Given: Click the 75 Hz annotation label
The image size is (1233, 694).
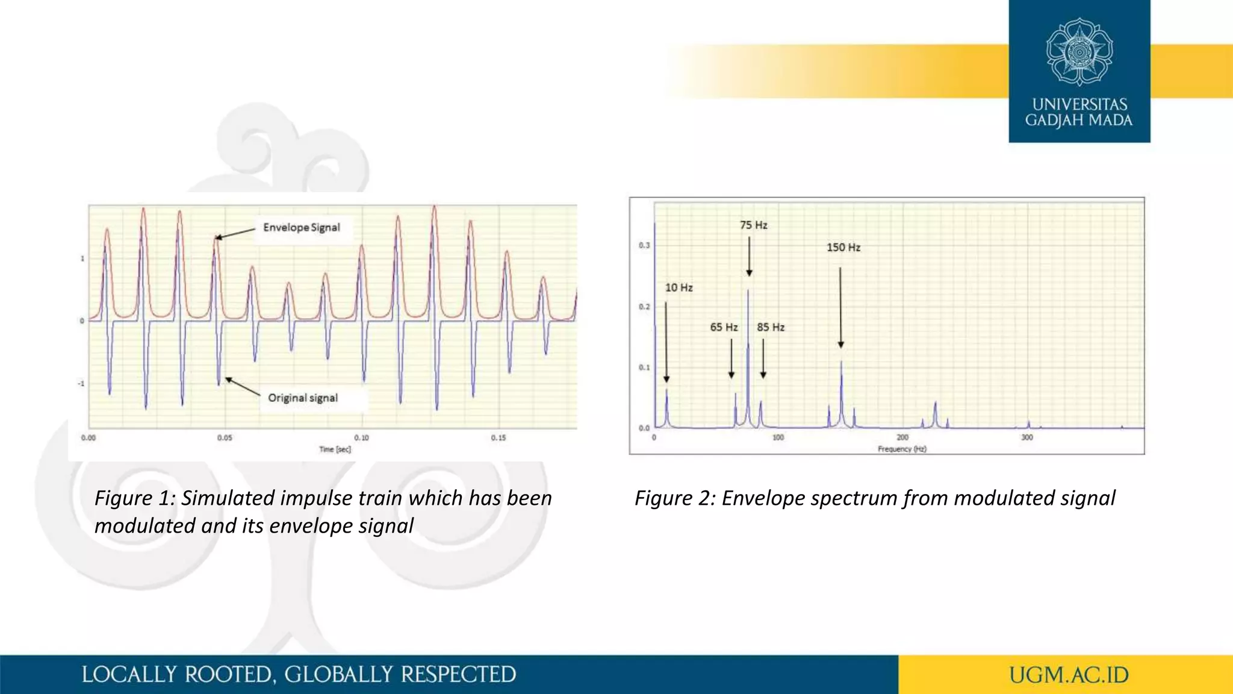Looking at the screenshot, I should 753,225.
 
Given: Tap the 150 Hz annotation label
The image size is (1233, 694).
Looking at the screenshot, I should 843,247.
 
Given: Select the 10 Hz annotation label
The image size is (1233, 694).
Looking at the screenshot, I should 679,287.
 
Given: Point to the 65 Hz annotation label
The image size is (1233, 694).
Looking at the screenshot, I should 723,327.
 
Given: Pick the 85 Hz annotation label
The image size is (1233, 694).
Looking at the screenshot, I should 771,327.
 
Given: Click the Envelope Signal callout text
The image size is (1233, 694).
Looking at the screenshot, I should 301,227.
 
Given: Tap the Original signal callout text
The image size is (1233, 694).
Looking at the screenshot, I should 303,398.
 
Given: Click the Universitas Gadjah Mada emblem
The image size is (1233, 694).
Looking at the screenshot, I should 1079,51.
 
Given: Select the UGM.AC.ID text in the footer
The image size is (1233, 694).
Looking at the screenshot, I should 1069,675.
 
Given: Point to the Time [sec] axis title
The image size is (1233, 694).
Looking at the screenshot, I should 335,449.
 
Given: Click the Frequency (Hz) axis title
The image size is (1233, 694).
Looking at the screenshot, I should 902,449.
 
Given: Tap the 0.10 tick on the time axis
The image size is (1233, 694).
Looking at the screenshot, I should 361,438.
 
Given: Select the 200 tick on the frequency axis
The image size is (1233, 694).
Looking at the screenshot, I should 902,437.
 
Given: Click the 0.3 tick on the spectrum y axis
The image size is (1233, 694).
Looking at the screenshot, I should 644,245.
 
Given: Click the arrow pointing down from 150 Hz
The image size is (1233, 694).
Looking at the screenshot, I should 840,307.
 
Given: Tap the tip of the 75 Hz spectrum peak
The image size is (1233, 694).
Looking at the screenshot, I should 748,290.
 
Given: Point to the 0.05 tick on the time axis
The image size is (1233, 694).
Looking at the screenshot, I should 225,438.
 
